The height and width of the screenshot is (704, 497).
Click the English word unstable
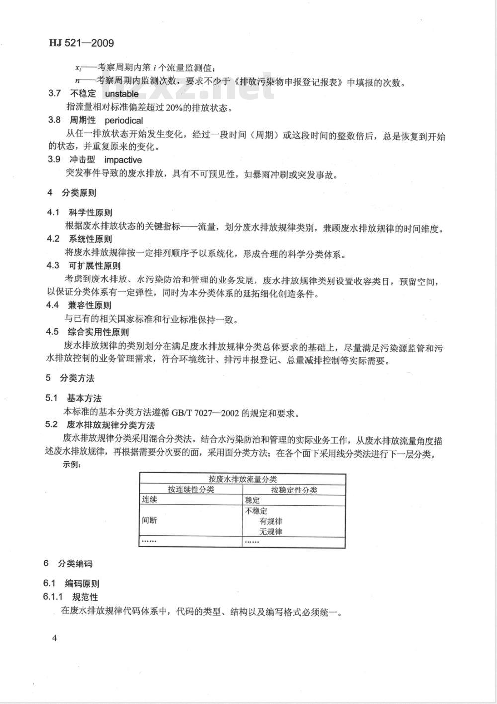click(122, 94)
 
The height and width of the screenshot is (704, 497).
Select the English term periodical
click(123, 120)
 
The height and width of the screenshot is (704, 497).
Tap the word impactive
click(123, 160)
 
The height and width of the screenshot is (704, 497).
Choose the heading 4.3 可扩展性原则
click(83, 266)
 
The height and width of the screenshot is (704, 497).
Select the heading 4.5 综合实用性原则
click(87, 332)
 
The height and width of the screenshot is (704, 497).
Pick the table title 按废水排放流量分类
click(243, 479)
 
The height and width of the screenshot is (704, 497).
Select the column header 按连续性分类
click(191, 490)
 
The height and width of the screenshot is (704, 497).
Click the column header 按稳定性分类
click(294, 490)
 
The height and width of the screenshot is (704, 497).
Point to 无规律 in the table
click(271, 532)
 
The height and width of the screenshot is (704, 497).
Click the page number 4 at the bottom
click(54, 638)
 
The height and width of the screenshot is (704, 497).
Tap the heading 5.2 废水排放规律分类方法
click(100, 425)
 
